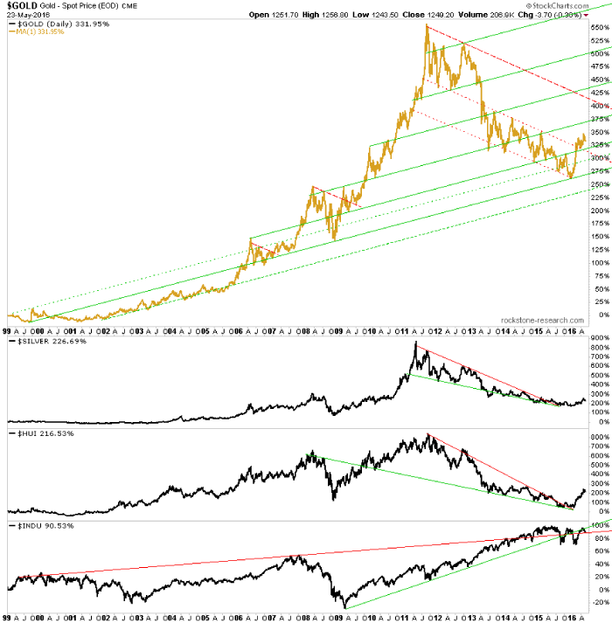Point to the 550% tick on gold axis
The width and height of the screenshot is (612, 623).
[596, 28]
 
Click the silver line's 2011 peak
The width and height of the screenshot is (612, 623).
[414, 343]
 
